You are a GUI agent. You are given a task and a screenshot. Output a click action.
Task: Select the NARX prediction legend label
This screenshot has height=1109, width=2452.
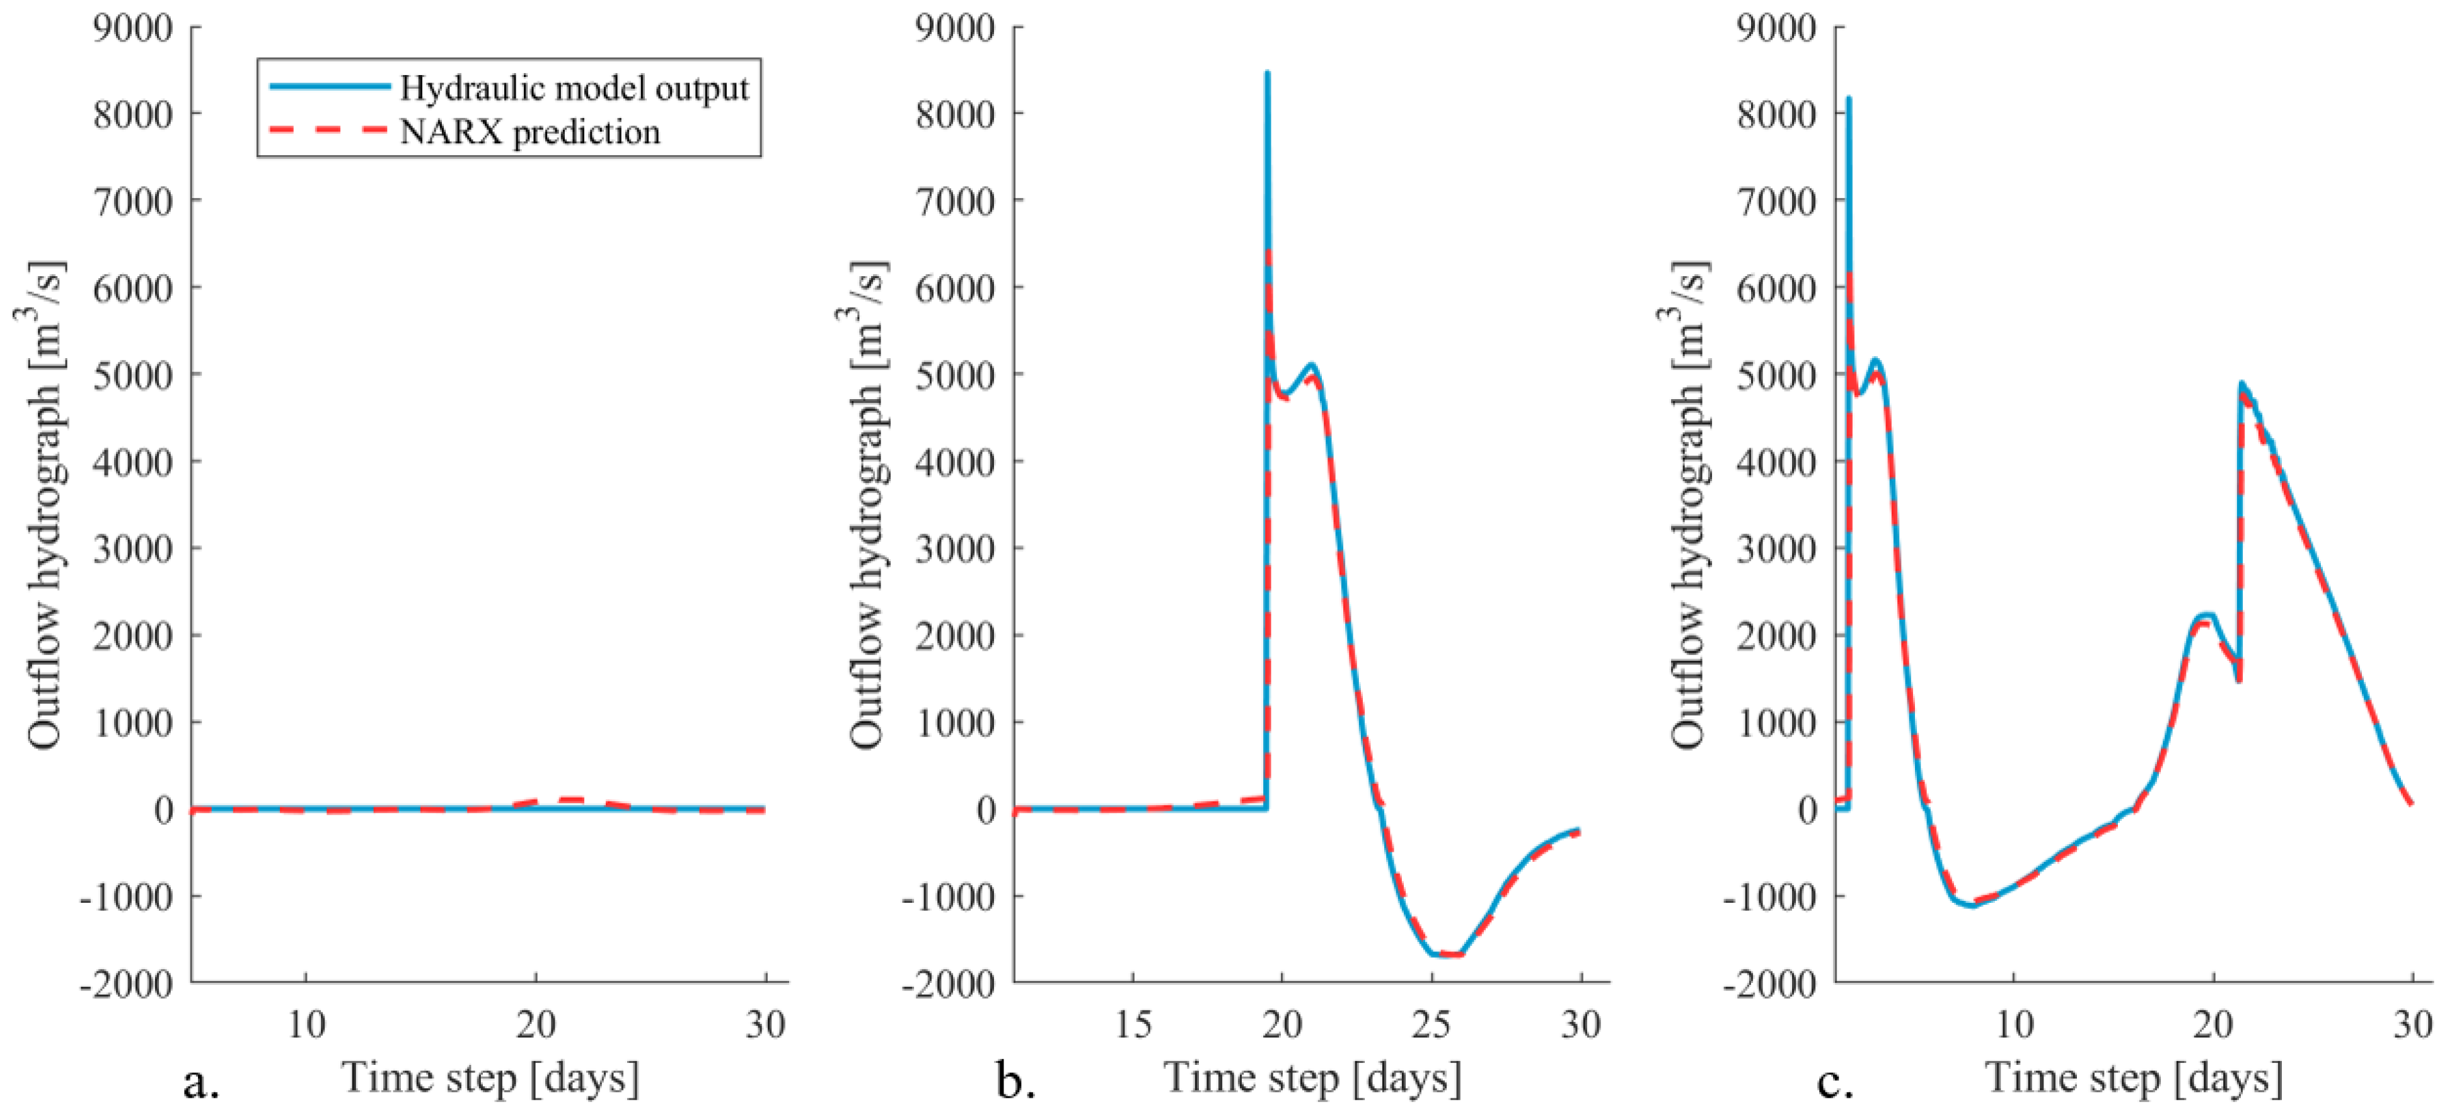(529, 131)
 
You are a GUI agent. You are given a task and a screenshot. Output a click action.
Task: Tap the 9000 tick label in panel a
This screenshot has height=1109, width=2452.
(132, 28)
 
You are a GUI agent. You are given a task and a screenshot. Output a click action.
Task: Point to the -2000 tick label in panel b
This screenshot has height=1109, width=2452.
(948, 982)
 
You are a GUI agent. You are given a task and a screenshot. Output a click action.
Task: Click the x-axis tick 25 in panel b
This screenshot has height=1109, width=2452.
(1431, 1025)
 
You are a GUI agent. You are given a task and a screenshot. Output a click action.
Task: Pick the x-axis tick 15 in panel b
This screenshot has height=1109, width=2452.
(1133, 1025)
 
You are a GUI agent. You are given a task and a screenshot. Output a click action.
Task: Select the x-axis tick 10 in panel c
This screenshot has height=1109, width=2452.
(2014, 1025)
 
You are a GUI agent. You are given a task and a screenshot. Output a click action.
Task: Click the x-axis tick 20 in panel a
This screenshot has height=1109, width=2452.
(536, 1025)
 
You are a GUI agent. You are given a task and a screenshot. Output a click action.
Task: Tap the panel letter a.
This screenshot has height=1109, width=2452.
(201, 1081)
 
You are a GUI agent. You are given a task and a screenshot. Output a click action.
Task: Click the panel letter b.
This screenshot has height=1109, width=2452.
(1015, 1081)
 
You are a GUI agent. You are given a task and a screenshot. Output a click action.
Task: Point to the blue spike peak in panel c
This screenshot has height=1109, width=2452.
(1849, 98)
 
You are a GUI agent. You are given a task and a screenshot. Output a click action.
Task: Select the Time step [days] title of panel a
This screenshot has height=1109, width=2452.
(490, 1077)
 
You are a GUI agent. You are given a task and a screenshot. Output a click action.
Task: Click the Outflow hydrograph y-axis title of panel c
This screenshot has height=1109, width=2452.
(1689, 504)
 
